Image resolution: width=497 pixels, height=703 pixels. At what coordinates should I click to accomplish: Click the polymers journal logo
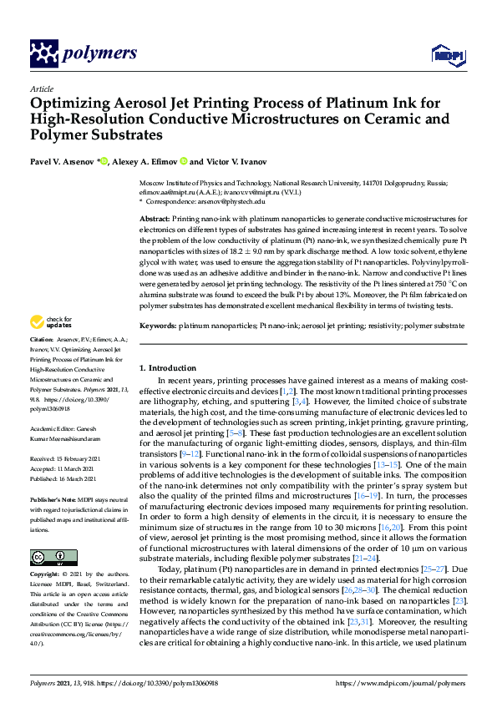[x=83, y=53]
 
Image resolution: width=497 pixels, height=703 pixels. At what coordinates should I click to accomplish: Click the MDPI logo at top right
[x=446, y=55]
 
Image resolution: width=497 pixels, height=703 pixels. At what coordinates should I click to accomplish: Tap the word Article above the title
[x=41, y=89]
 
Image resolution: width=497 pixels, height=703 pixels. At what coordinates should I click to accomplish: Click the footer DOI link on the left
[x=159, y=683]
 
